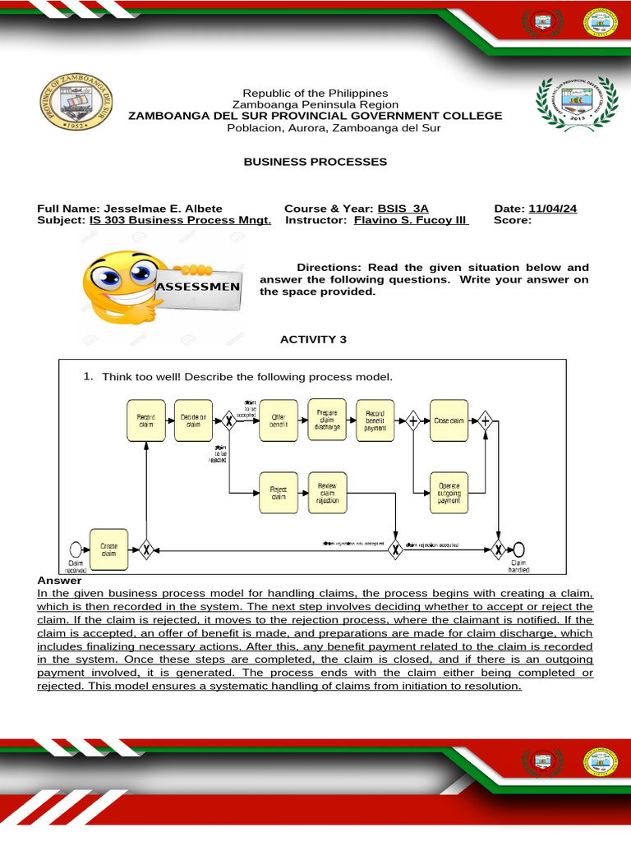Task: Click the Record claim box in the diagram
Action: pyautogui.click(x=145, y=420)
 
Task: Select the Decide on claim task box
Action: pyautogui.click(x=194, y=420)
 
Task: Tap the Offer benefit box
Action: pyautogui.click(x=279, y=420)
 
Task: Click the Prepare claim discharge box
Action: pyautogui.click(x=327, y=420)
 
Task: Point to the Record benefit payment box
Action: pyautogui.click(x=375, y=420)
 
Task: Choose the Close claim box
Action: pyautogui.click(x=449, y=420)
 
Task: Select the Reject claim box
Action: pyautogui.click(x=279, y=493)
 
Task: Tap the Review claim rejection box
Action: pyautogui.click(x=327, y=493)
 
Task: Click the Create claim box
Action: pyautogui.click(x=109, y=549)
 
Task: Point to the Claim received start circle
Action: pyautogui.click(x=76, y=549)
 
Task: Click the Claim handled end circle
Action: pyautogui.click(x=518, y=549)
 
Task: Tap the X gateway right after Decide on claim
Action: pyautogui.click(x=229, y=420)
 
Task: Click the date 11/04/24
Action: pyautogui.click(x=553, y=209)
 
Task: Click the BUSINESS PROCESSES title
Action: pyautogui.click(x=315, y=162)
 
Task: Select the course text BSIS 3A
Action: pyautogui.click(x=403, y=209)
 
